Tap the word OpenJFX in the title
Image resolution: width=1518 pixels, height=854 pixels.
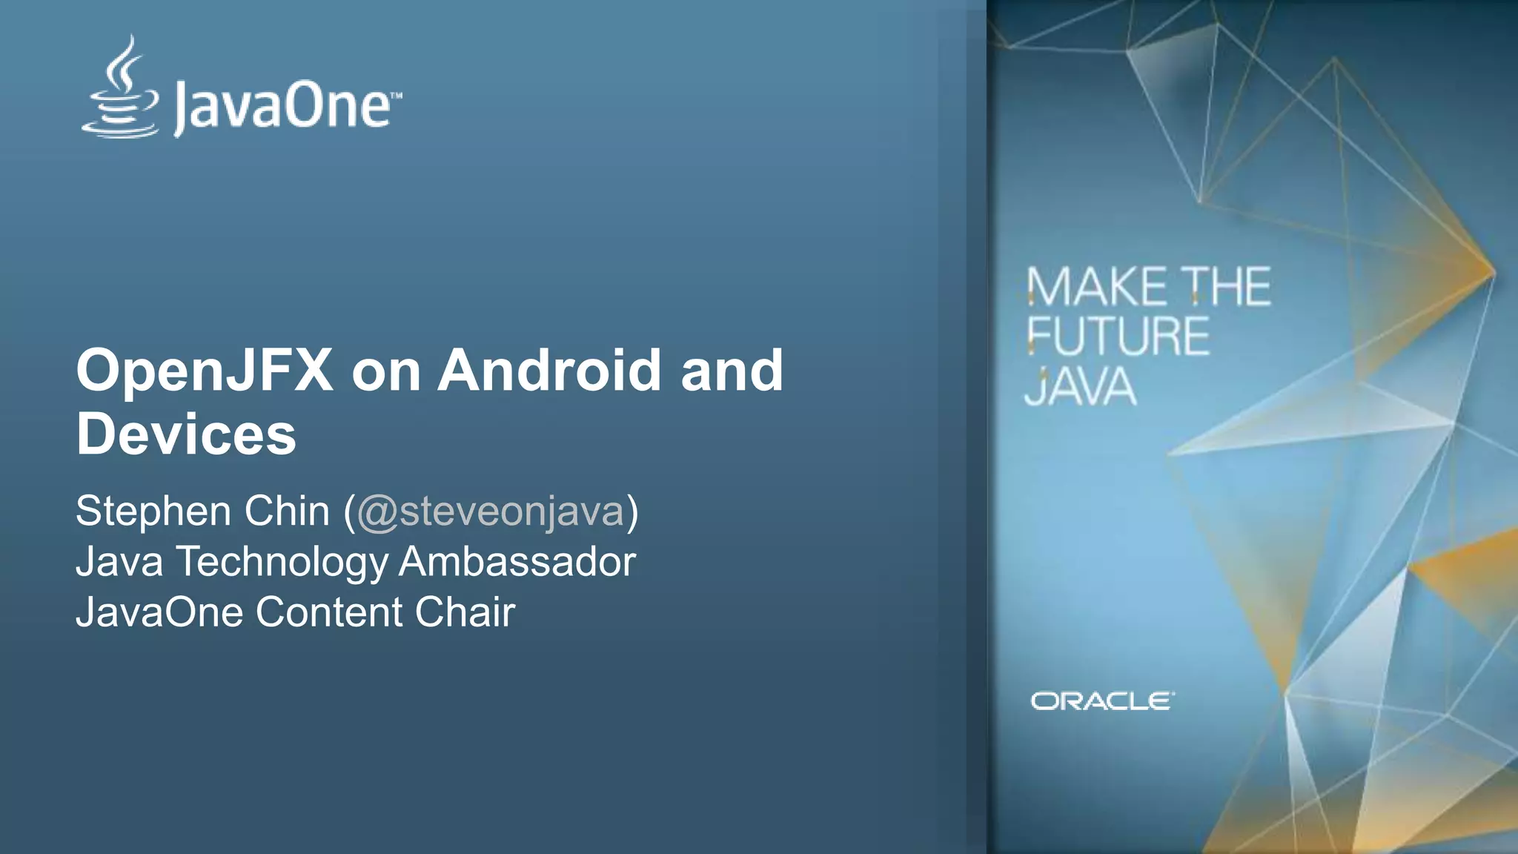coord(204,371)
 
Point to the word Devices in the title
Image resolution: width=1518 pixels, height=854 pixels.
coord(186,434)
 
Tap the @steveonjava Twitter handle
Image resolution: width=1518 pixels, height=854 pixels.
coord(490,512)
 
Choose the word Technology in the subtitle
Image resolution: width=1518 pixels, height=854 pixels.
coord(282,563)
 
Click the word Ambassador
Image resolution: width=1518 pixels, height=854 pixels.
coord(517,562)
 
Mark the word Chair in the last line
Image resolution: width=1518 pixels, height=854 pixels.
coord(465,612)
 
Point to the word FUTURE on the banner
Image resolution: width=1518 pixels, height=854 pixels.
coord(1118,337)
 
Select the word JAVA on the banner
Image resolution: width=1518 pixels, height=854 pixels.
coord(1080,387)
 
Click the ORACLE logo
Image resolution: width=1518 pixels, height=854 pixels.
coord(1102,701)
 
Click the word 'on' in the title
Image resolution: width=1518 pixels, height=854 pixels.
coord(385,371)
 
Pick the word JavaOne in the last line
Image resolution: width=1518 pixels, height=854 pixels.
coord(159,612)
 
